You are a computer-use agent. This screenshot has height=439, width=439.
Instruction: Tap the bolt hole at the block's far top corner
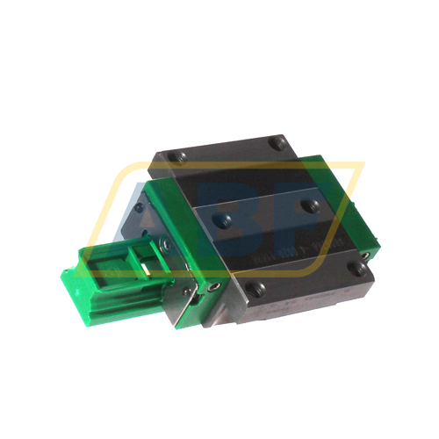(278, 140)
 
